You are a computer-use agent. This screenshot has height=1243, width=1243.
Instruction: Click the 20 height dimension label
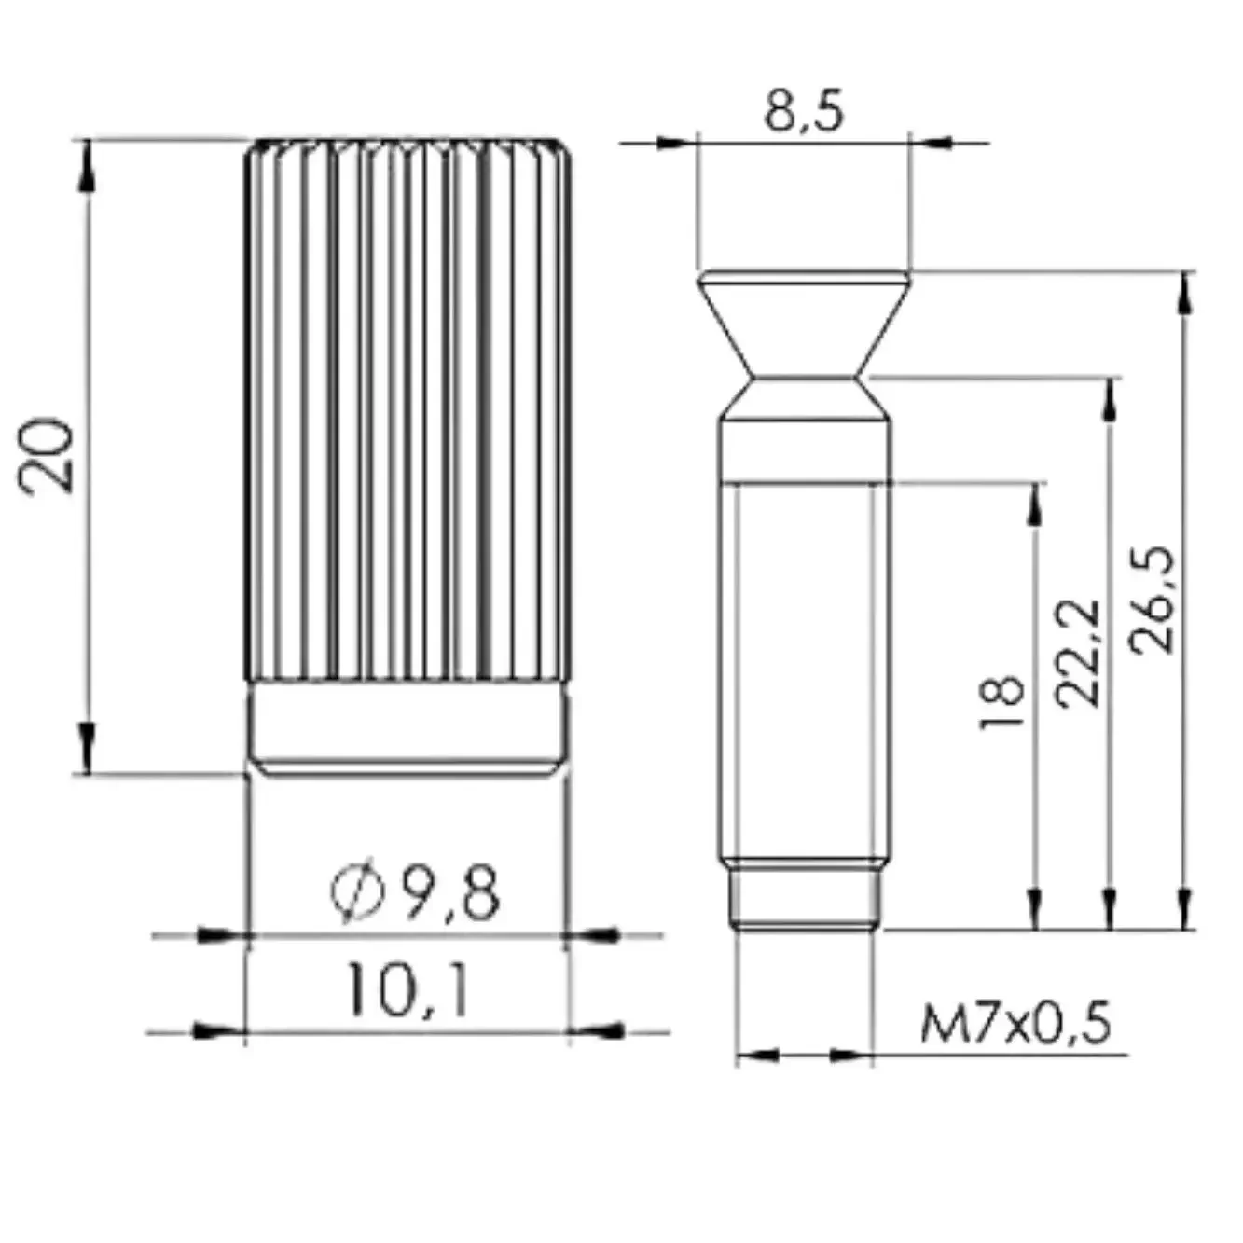(46, 456)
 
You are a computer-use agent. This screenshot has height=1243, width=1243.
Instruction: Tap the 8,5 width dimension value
(804, 112)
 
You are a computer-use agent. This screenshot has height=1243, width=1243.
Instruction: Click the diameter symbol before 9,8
(357, 891)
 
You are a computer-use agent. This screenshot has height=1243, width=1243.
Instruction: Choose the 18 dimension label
(1001, 702)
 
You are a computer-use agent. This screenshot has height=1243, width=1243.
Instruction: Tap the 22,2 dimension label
(1077, 654)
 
